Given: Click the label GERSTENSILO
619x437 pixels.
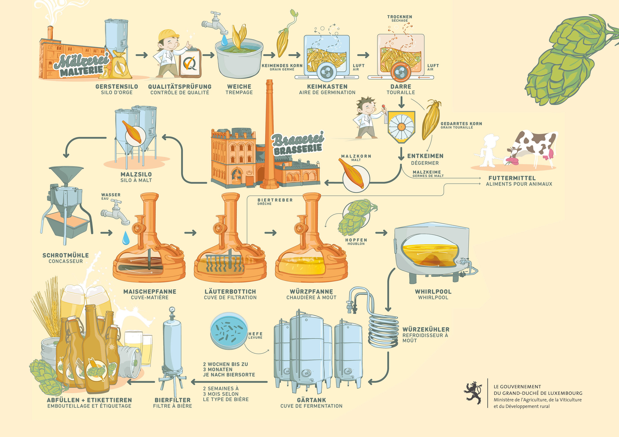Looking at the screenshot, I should [x=117, y=86].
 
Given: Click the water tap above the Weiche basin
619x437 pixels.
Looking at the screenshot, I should [x=214, y=23].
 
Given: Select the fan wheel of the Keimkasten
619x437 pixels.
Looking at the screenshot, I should [x=327, y=71].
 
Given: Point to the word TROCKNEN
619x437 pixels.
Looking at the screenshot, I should [x=400, y=17].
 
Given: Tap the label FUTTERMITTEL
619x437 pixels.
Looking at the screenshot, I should [x=512, y=178].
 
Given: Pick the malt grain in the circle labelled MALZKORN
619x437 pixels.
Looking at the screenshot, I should [x=352, y=173].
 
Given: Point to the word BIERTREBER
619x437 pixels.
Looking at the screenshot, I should [x=275, y=200].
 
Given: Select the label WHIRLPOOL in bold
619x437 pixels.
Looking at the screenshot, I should [x=433, y=291].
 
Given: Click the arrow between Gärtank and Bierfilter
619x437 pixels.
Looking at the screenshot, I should [x=229, y=381].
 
